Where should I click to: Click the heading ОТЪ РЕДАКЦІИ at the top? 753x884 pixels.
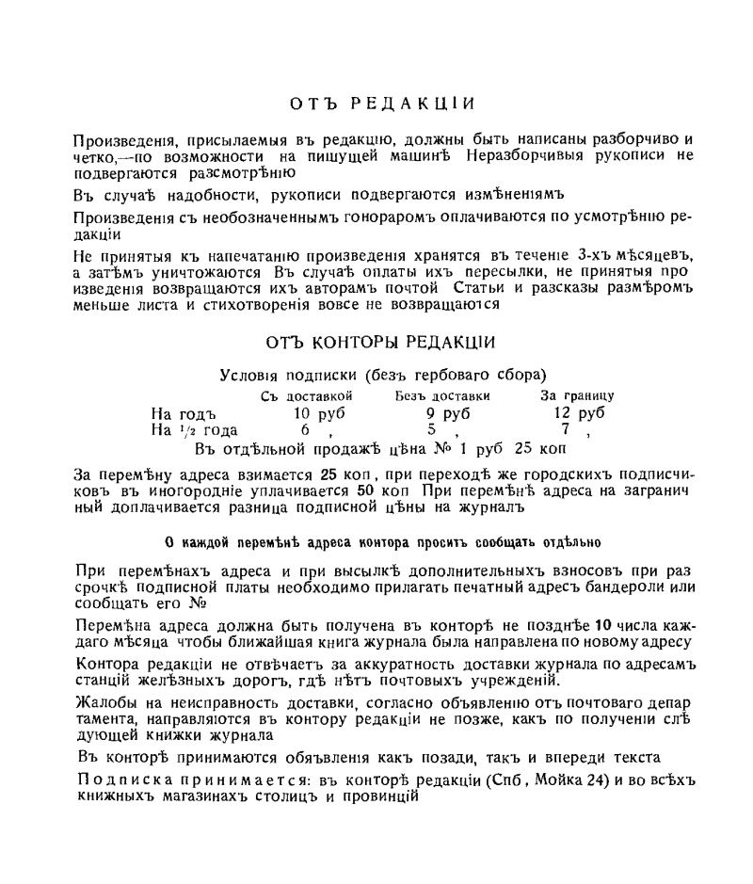[381, 103]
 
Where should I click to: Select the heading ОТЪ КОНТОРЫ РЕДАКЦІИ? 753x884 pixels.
[381, 343]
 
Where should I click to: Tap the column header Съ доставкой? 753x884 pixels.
[306, 396]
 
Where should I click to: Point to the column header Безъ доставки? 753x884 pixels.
[442, 396]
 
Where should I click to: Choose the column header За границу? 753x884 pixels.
[577, 396]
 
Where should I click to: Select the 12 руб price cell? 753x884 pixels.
[578, 413]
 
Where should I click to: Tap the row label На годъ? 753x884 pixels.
[184, 413]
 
